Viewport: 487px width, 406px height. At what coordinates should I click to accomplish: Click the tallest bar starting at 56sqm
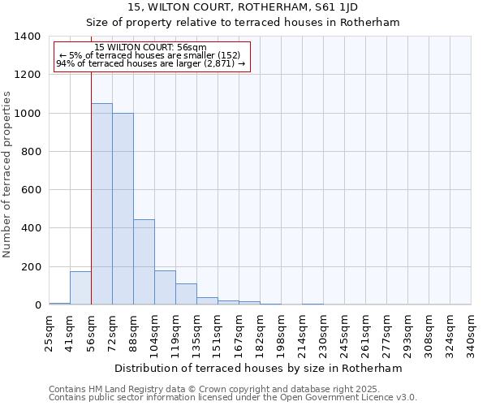pyautogui.click(x=101, y=204)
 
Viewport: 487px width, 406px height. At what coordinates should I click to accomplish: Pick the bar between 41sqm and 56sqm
pyautogui.click(x=80, y=288)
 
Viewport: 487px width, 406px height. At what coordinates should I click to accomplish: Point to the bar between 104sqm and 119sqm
pyautogui.click(x=165, y=287)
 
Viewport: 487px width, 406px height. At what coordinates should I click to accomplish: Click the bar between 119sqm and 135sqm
pyautogui.click(x=186, y=294)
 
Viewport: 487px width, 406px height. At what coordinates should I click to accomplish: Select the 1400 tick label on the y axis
pyautogui.click(x=28, y=37)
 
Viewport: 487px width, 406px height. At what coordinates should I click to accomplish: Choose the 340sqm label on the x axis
pyautogui.click(x=472, y=332)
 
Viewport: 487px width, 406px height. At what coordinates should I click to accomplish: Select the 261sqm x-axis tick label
pyautogui.click(x=366, y=332)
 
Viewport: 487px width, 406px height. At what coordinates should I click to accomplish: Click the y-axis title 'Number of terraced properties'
pyautogui.click(x=7, y=174)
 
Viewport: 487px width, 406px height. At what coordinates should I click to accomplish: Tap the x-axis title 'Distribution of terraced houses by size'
pyautogui.click(x=258, y=368)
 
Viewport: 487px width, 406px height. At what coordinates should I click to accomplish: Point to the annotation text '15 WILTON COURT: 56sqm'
pyautogui.click(x=150, y=47)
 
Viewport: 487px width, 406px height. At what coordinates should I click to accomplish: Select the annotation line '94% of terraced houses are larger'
pyautogui.click(x=150, y=63)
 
